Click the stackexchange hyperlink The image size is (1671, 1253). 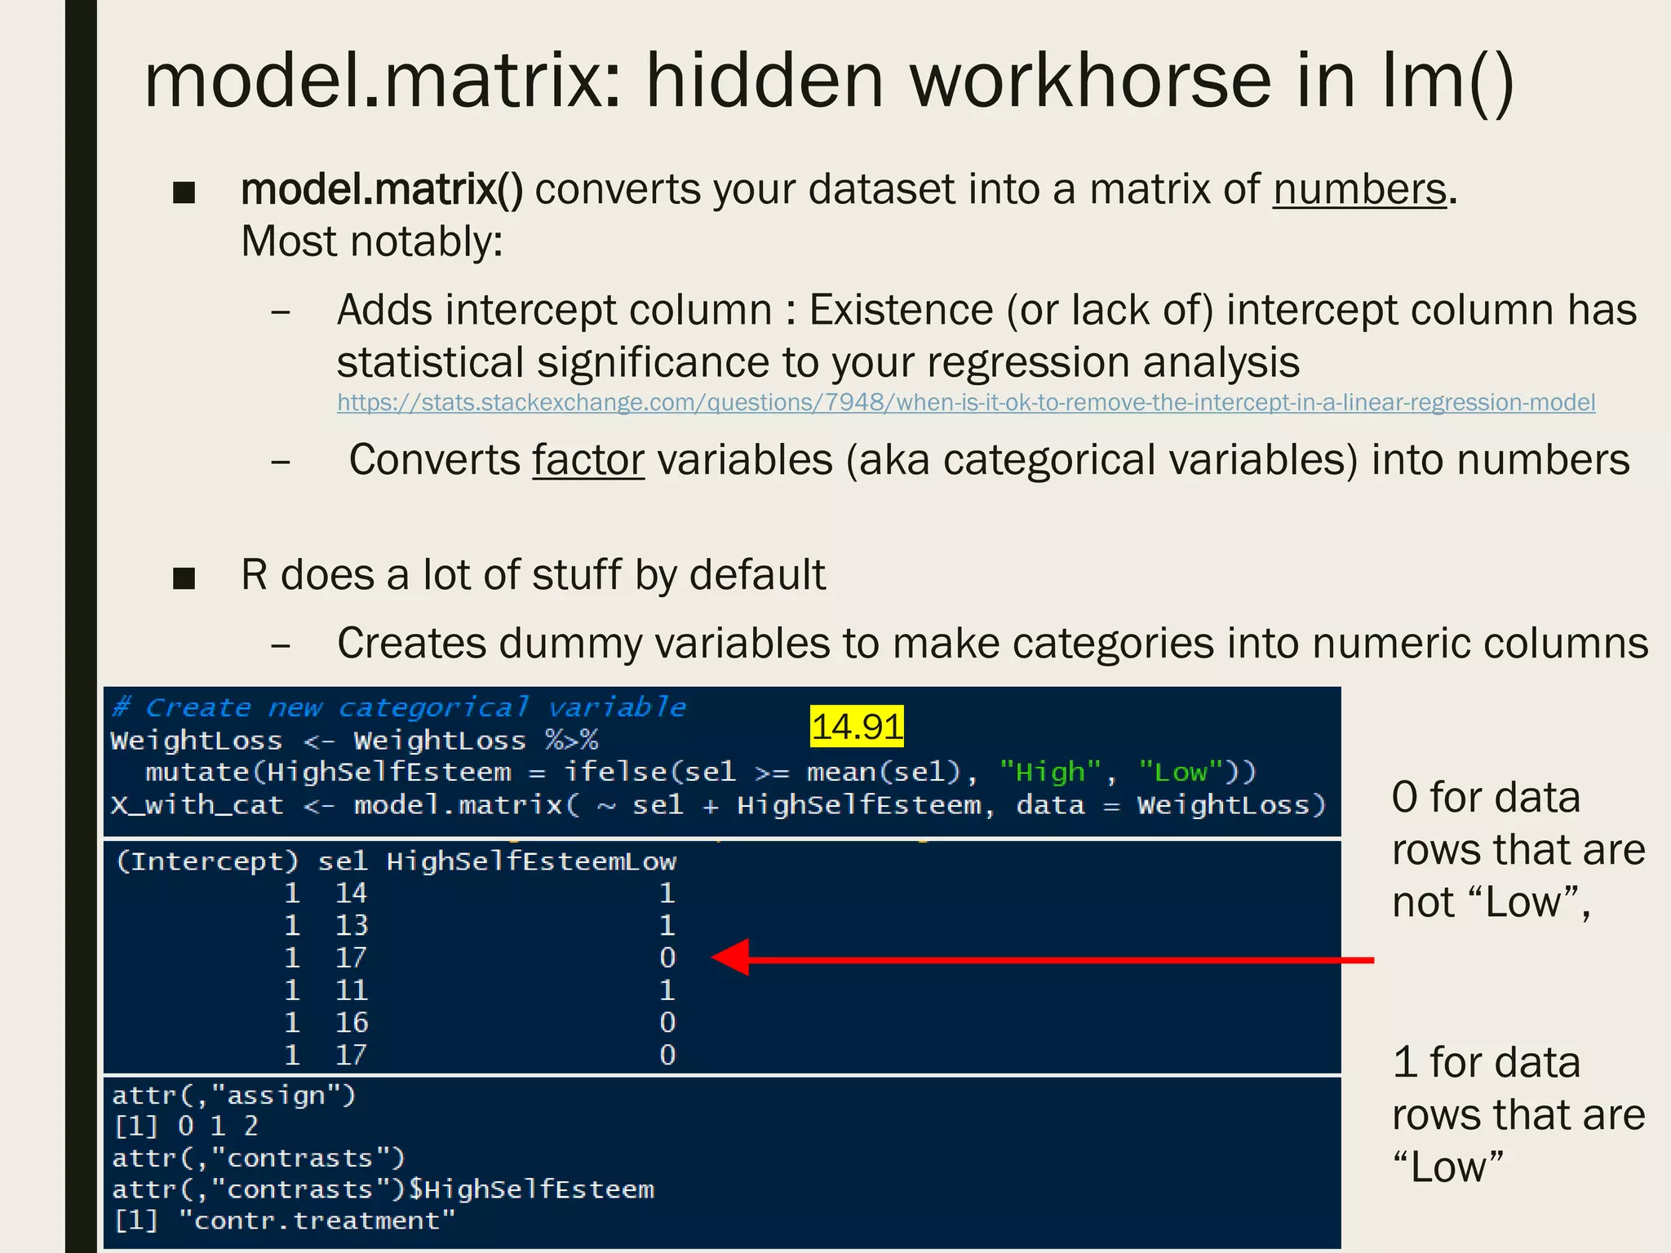pos(965,403)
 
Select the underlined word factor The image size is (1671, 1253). pos(587,461)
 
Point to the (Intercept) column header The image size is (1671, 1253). pos(207,861)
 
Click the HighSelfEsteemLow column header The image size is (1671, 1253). pos(530,861)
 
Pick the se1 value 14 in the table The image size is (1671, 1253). pos(351,893)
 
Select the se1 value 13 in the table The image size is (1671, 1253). pos(351,926)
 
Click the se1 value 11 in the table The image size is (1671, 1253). pos(351,990)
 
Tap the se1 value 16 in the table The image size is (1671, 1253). pos(351,1023)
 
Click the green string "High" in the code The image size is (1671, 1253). pos(1050,773)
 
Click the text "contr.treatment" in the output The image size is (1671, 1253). pos(317,1221)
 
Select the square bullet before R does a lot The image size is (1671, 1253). pos(184,578)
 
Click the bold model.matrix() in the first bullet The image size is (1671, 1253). pos(381,190)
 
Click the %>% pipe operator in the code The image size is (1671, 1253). pos(571,741)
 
